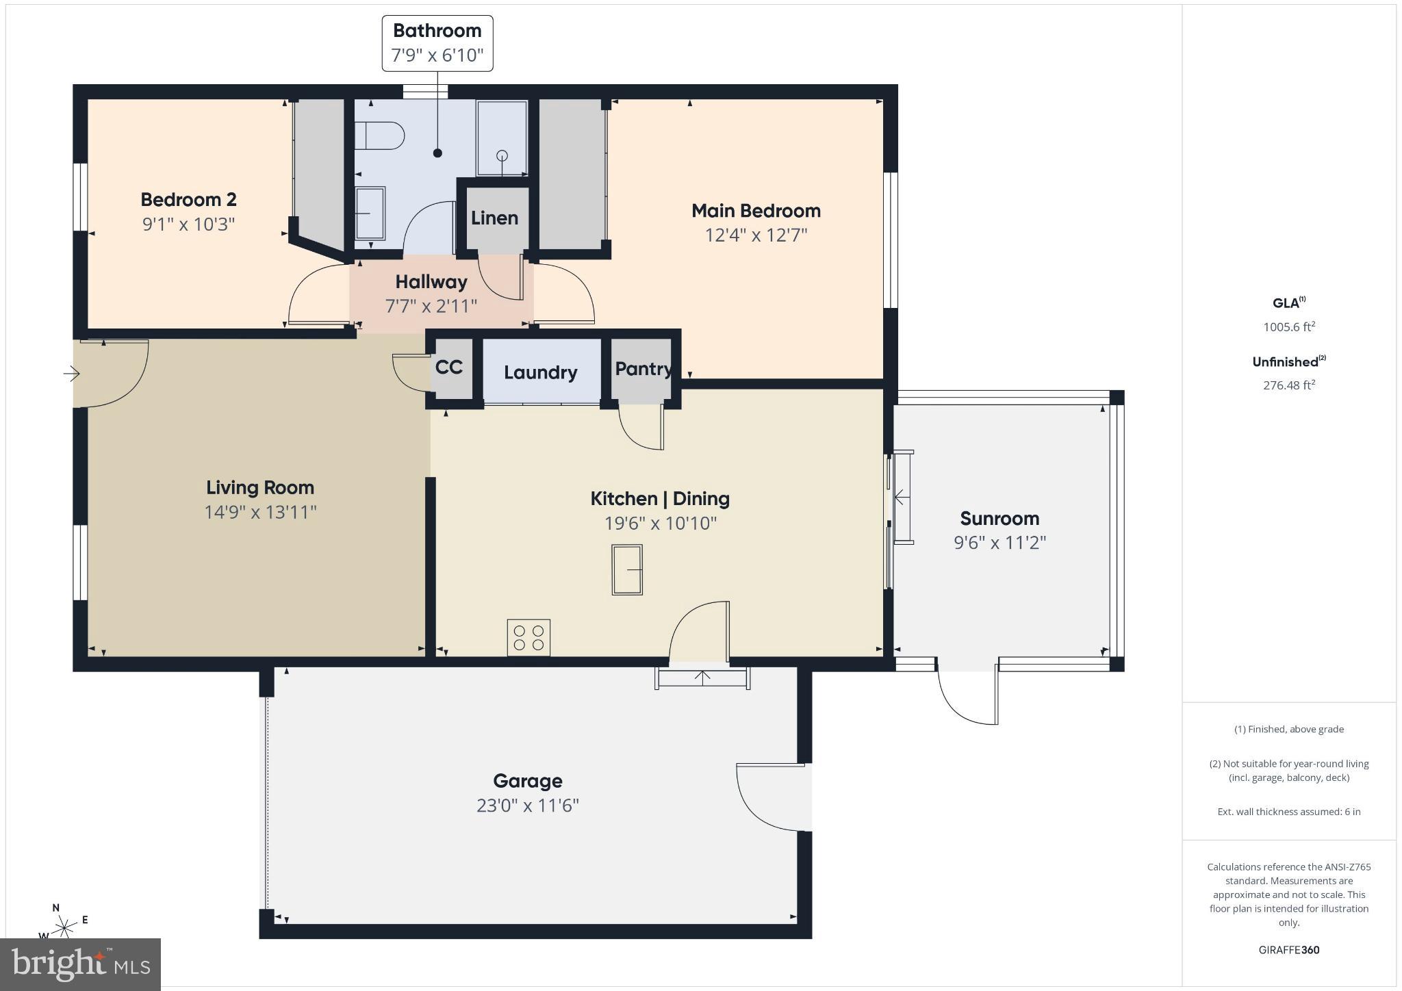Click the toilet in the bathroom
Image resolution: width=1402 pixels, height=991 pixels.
(x=379, y=136)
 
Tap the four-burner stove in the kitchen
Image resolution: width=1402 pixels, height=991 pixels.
(x=528, y=637)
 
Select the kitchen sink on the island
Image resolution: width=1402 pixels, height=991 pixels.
(x=627, y=569)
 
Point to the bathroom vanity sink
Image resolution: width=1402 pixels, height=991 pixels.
(x=370, y=214)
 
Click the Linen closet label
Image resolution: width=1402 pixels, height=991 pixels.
(x=494, y=218)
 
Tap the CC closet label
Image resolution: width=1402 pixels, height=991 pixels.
(x=449, y=368)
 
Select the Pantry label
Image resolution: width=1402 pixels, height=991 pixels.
(x=642, y=369)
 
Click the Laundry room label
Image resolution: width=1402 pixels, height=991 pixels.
(x=541, y=372)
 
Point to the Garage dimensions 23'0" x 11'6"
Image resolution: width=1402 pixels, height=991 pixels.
(x=528, y=806)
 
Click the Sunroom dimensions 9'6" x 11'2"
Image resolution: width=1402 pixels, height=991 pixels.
(x=999, y=543)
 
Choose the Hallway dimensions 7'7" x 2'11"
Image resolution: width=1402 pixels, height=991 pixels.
(x=431, y=306)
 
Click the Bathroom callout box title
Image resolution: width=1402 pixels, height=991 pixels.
(x=437, y=31)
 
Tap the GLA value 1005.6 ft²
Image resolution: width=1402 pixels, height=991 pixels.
(x=1289, y=327)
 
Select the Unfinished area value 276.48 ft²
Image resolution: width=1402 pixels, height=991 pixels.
(x=1289, y=385)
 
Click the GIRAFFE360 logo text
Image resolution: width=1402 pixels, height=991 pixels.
(x=1289, y=950)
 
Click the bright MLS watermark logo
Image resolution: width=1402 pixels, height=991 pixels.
(x=81, y=964)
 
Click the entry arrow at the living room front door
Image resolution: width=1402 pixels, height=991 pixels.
(x=71, y=374)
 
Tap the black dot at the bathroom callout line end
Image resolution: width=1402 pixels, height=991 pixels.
(x=437, y=153)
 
